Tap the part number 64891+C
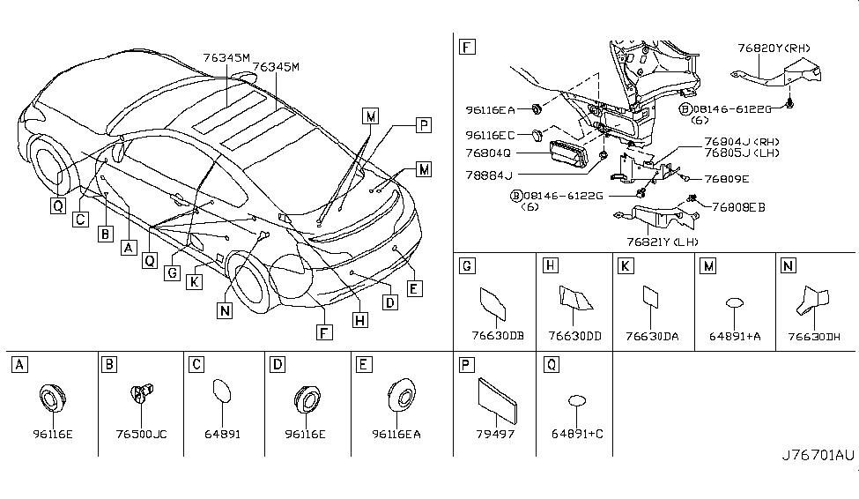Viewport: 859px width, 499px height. (578, 434)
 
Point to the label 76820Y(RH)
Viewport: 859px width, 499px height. (774, 48)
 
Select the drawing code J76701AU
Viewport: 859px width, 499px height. (818, 481)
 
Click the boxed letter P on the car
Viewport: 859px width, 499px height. (423, 126)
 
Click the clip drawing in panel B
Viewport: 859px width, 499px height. (141, 396)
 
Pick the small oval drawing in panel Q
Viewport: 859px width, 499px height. (578, 401)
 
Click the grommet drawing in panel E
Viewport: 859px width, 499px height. (402, 398)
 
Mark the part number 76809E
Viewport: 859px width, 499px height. (727, 179)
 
